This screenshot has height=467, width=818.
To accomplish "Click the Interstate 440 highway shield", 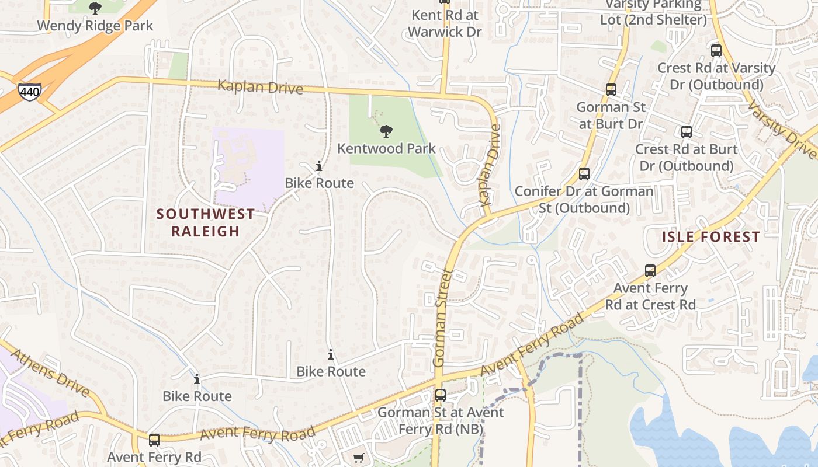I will point(29,92).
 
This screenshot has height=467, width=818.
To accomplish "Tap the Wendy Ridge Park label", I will point(95,26).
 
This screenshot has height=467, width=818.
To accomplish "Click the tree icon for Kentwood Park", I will point(386,131).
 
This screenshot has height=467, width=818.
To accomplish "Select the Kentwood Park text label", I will point(386,148).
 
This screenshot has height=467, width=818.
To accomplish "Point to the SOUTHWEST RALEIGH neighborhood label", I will point(206,222).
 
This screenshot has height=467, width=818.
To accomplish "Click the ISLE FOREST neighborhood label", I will point(711,237).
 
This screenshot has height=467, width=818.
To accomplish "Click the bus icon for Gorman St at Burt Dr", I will point(611,90).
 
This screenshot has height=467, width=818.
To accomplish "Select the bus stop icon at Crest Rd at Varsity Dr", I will point(716,51).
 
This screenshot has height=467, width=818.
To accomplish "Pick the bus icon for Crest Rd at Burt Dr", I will point(686,132).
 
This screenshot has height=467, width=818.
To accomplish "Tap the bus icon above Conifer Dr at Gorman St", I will point(584,174).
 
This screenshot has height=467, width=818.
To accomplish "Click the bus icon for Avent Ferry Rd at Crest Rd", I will point(650,271).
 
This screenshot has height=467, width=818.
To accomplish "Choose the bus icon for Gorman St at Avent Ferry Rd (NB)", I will point(441,395).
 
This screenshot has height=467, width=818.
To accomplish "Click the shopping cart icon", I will point(359,458).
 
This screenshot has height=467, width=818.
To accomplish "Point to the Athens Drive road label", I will point(50,373).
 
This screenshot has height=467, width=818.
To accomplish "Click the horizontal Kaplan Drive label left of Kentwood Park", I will point(260,88).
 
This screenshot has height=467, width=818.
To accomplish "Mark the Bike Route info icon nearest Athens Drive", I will point(197,379).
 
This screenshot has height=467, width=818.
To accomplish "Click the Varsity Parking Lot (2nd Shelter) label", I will point(653,12).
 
